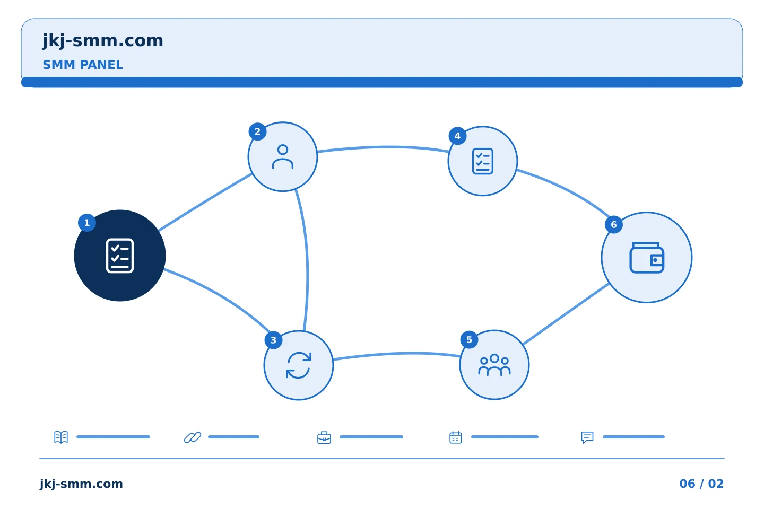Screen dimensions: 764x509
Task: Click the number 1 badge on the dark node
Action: coord(87,223)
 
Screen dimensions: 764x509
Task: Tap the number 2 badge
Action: coord(257,131)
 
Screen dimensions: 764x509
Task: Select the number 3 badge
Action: coord(273,340)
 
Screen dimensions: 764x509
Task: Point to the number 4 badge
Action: coord(457,136)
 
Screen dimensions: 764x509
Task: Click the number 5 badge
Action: coord(470,340)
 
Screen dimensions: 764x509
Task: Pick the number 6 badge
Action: coord(613,225)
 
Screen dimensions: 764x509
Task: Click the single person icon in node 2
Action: coord(283,157)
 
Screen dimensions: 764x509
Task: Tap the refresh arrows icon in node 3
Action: coord(299,365)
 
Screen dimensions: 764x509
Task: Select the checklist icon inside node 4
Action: coord(483,161)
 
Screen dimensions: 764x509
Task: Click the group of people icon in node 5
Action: coord(494,365)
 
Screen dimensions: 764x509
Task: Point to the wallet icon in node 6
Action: coord(647,258)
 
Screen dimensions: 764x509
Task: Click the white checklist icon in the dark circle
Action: coord(120,256)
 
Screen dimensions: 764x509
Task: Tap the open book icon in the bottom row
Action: coord(61,437)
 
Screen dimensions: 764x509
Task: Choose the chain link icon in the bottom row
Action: coord(193,437)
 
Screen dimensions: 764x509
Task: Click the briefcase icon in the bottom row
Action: coord(324,438)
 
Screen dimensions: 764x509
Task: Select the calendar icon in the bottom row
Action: coord(456,437)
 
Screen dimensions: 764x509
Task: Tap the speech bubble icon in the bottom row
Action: coord(587,437)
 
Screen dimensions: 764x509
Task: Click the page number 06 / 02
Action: coord(701,484)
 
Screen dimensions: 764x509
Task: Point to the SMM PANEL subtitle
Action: coord(83,65)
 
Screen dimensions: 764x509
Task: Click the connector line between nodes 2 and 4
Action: coord(383,147)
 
